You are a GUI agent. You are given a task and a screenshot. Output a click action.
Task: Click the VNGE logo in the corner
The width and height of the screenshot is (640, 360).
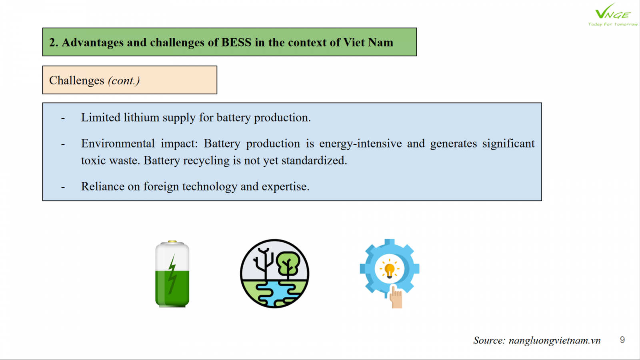point(612,14)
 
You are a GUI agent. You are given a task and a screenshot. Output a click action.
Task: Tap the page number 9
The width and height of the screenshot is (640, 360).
point(622,340)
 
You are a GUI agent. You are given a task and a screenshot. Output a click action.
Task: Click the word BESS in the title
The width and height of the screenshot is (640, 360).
point(236,42)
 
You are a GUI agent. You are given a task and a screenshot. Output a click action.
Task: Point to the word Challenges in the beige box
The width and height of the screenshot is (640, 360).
point(76,80)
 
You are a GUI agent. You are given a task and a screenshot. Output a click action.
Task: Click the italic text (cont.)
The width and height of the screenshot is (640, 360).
point(124,80)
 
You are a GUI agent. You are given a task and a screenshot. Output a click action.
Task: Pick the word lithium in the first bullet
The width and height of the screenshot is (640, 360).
point(142,118)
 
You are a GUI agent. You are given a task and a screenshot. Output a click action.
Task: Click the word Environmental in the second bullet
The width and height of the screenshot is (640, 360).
point(118,144)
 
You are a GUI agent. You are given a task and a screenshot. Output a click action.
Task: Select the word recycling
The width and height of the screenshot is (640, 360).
point(206,161)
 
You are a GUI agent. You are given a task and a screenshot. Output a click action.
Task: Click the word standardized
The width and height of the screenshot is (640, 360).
point(314,160)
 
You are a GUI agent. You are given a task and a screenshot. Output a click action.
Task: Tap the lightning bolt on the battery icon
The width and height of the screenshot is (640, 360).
point(172,274)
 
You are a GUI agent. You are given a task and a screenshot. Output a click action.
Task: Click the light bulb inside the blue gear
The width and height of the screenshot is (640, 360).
point(390,270)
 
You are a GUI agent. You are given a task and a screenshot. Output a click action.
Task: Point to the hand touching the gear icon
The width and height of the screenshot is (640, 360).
point(396,297)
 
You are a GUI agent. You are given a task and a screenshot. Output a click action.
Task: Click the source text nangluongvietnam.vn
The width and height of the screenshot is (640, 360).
point(554,340)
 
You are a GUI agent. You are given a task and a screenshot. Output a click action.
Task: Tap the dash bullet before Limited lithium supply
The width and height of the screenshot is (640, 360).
point(63,118)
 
